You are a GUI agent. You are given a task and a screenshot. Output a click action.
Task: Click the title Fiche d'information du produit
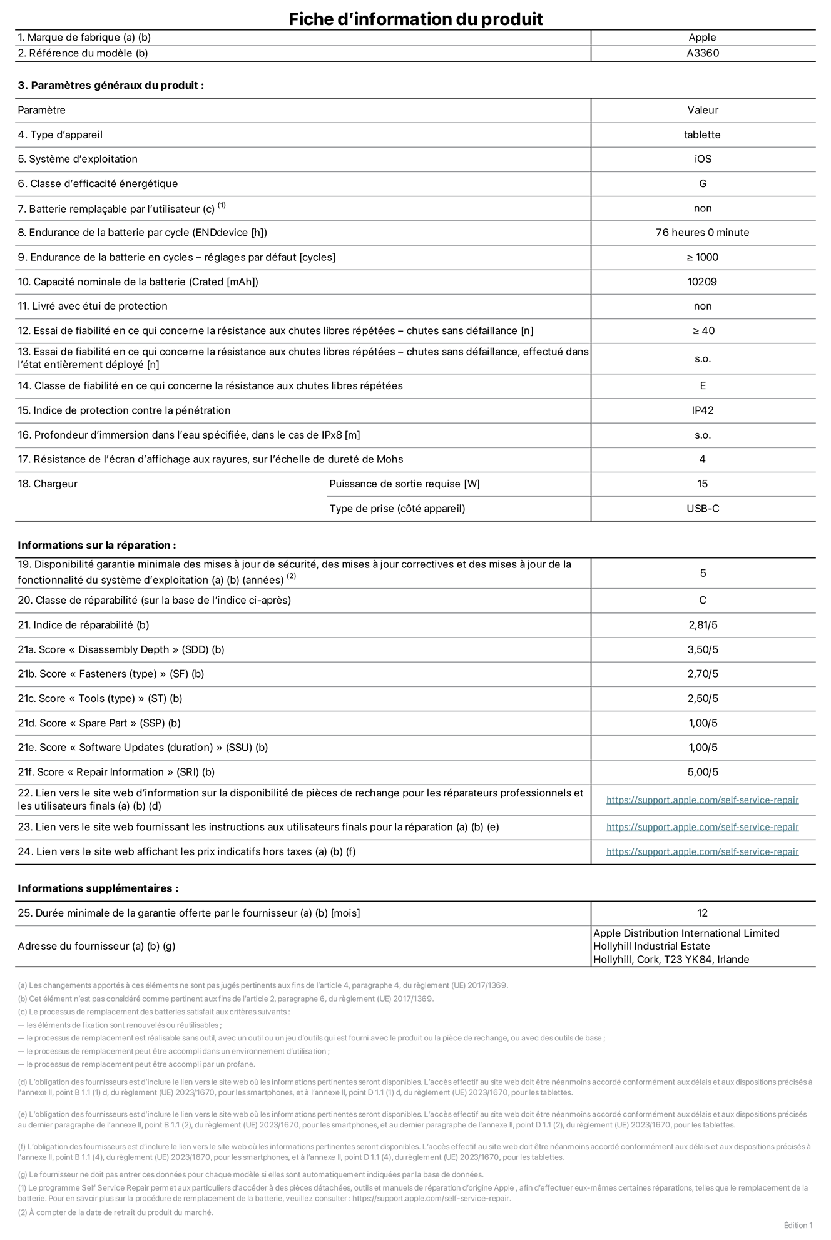coord(415,19)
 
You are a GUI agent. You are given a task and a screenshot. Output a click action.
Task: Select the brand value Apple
coord(702,38)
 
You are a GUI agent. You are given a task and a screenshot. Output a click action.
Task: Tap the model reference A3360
coord(702,53)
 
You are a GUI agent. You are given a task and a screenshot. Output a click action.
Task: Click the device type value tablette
coord(702,135)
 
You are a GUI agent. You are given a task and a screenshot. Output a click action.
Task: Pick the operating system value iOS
coord(702,159)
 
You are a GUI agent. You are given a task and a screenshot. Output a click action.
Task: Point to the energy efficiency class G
coord(702,183)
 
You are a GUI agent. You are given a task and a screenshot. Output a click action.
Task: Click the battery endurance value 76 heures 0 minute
coord(702,232)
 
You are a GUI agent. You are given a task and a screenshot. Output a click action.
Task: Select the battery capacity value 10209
coord(702,282)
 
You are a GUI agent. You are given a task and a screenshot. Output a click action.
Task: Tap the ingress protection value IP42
coord(702,410)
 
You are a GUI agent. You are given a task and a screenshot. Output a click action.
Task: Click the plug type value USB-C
coord(702,508)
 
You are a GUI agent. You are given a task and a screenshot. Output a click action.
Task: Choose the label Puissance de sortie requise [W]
coord(404,484)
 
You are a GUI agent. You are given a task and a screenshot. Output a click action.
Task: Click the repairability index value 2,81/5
coord(702,624)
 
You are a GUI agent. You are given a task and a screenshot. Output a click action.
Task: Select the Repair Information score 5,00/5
coord(702,772)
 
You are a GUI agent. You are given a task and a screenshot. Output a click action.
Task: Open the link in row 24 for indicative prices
coord(702,851)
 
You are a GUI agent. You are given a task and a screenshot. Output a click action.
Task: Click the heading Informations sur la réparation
coord(96,545)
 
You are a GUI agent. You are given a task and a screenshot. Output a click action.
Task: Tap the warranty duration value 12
coord(702,913)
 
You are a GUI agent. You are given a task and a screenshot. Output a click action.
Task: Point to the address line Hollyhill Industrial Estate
coord(651,946)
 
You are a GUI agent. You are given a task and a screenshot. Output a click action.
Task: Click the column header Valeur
coord(702,110)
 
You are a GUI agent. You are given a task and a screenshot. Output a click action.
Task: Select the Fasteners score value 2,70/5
coord(702,674)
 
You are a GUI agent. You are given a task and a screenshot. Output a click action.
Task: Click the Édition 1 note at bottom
coord(798,1225)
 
